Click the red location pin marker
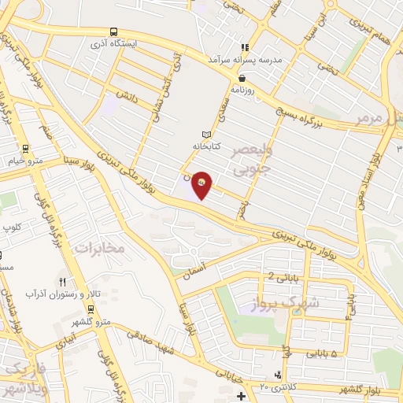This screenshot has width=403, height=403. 202,185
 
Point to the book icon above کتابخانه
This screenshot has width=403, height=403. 207,135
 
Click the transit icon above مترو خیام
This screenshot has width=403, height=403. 26,148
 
